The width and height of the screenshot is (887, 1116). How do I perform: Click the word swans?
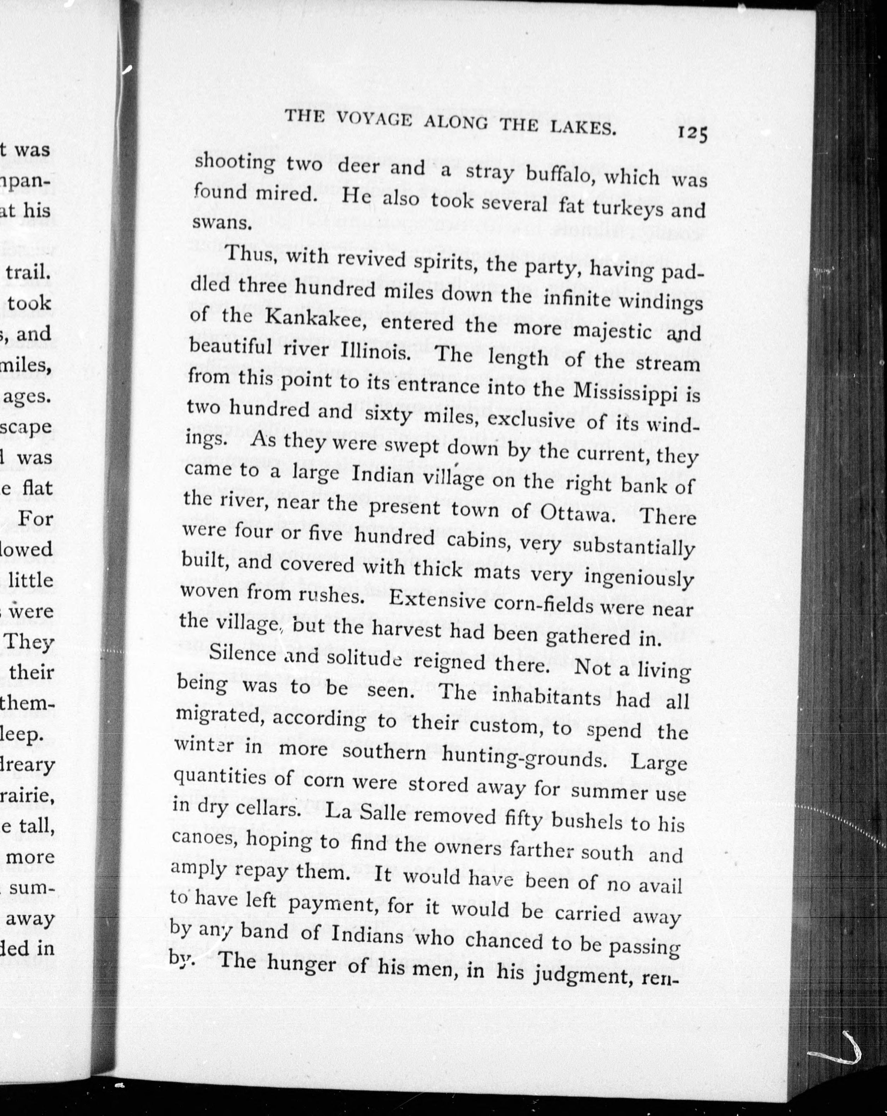(x=222, y=222)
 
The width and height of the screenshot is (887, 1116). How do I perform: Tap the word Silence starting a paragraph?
(x=242, y=653)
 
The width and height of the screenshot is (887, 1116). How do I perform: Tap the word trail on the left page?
(x=29, y=272)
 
